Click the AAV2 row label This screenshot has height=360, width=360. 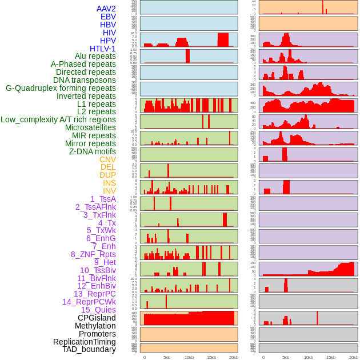(106, 9)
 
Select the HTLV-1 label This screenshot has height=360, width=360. (103, 49)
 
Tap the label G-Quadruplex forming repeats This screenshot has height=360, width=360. (61, 88)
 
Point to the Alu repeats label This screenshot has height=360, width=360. (95, 56)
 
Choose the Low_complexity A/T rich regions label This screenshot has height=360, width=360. (58, 119)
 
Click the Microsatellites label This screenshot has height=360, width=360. (90, 127)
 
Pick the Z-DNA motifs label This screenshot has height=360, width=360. (93, 151)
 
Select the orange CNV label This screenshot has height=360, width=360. (107, 159)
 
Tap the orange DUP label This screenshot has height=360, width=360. (107, 175)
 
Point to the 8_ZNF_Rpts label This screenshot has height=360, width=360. (93, 254)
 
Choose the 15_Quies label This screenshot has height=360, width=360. (98, 310)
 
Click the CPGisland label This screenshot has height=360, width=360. (97, 318)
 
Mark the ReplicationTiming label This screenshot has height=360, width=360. (84, 342)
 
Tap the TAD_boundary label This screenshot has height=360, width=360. (89, 349)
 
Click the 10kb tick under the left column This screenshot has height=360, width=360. (189, 357)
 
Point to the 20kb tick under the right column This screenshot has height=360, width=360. (353, 357)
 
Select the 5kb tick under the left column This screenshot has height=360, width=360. (167, 357)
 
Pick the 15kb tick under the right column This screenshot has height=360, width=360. (330, 357)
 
